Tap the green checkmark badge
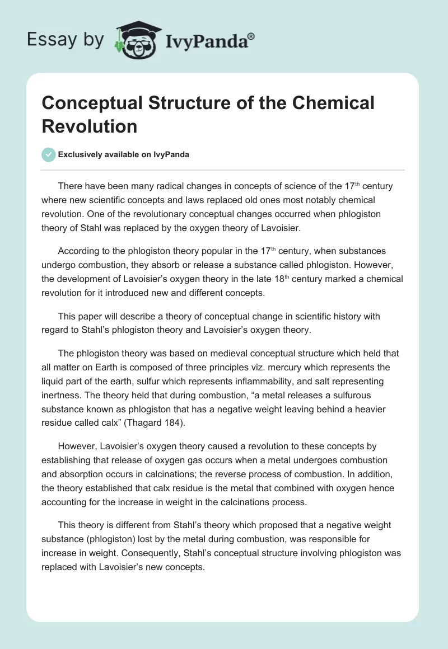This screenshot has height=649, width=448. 48,154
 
